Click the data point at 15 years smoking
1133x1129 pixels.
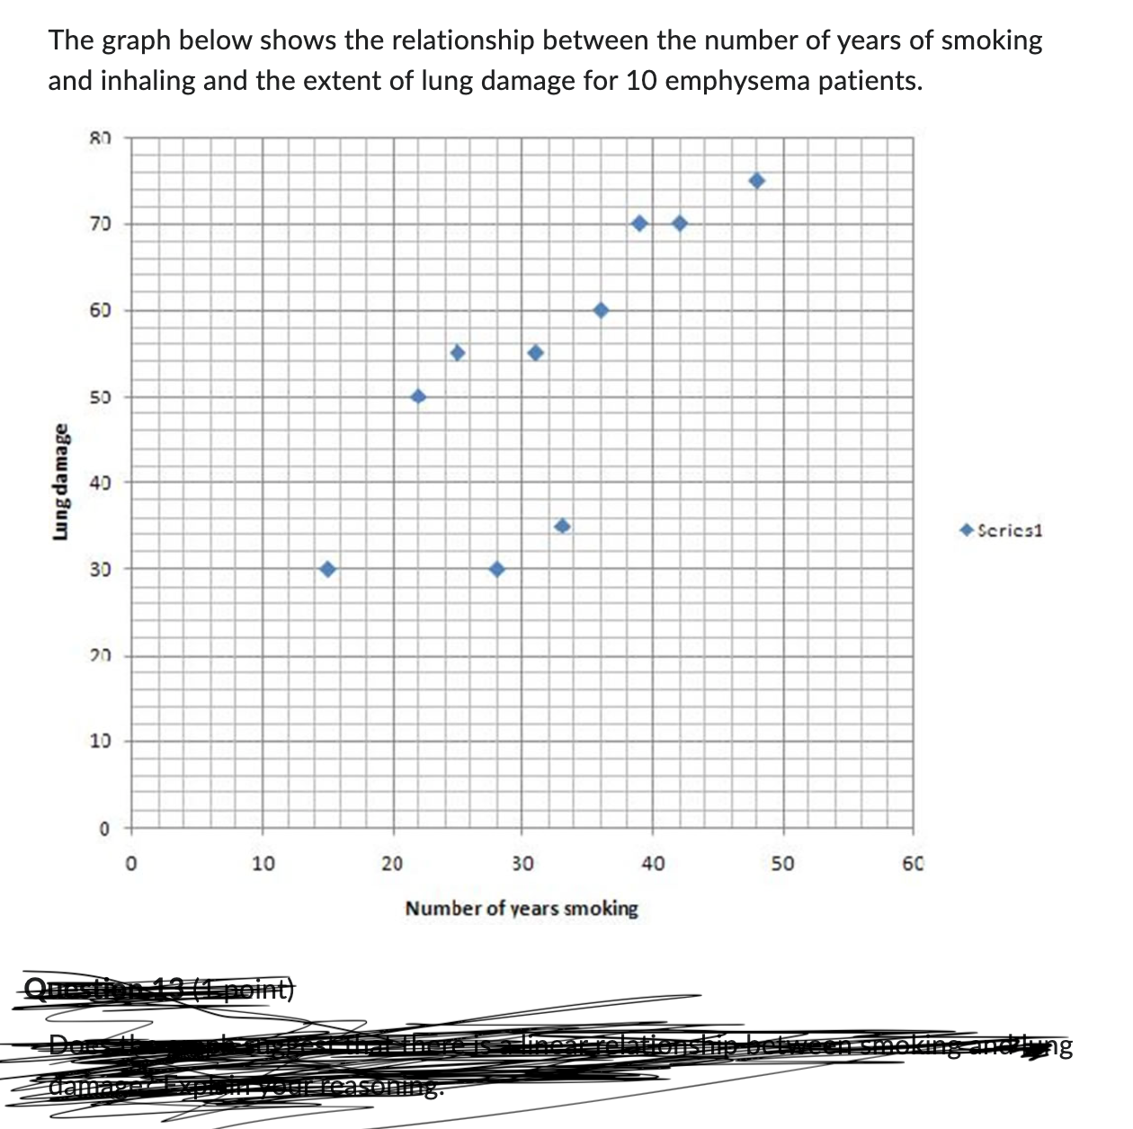[327, 569]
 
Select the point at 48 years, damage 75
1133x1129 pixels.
[757, 181]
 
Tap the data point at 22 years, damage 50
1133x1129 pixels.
[418, 396]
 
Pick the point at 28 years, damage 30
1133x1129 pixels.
[497, 569]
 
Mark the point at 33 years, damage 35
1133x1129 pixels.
[563, 526]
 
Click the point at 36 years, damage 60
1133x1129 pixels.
[602, 310]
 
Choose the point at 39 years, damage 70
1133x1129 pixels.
[639, 223]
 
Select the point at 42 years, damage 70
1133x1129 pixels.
[680, 223]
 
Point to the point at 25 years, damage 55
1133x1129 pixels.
[458, 352]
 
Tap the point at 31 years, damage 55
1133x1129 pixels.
[536, 352]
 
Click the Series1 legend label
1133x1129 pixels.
[1009, 530]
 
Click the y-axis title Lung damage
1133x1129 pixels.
[61, 482]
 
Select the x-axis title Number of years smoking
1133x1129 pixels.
[522, 908]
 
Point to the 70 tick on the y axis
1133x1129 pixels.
[100, 224]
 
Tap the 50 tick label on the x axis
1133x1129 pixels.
[782, 865]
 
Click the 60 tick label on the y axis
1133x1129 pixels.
[100, 311]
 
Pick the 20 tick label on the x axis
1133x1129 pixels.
[392, 865]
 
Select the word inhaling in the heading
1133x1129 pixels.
[147, 81]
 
